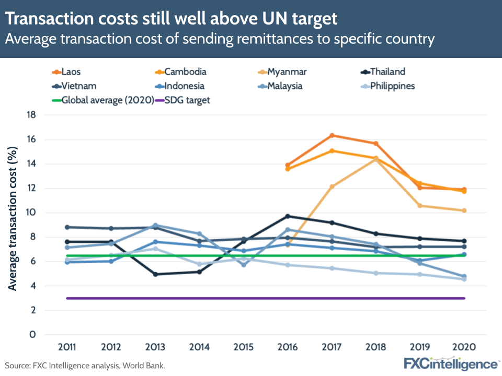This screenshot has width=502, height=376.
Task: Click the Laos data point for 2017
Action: coord(332,136)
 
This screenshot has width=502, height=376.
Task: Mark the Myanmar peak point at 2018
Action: coord(376,159)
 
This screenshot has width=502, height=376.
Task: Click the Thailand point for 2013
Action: coord(156,274)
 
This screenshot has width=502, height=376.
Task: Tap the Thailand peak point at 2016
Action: coord(288,216)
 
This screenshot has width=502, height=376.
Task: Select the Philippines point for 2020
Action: coord(464,279)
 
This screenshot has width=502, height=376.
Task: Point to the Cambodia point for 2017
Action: coord(332,151)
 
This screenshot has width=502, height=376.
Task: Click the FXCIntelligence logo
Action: coord(451,364)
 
